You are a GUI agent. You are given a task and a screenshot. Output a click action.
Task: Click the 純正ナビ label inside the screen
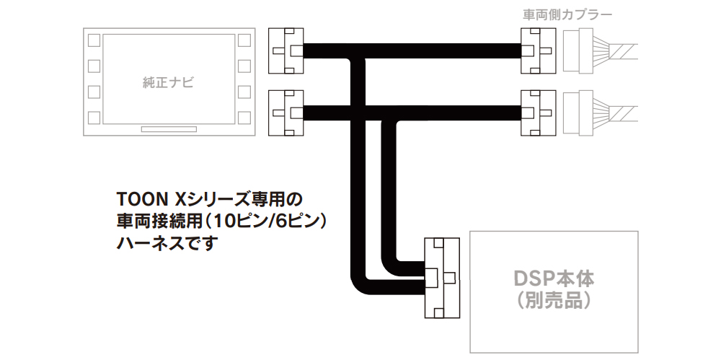tap(168, 83)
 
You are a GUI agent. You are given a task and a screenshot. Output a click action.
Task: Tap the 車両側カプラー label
tap(567, 14)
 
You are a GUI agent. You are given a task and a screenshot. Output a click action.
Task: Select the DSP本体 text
tap(554, 279)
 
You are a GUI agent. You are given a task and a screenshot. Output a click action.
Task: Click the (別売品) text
tap(554, 301)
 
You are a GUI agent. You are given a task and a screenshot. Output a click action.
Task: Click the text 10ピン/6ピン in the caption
tap(267, 222)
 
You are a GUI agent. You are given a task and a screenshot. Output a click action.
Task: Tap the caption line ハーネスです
tap(167, 244)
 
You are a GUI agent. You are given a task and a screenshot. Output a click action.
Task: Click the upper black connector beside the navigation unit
tap(286, 51)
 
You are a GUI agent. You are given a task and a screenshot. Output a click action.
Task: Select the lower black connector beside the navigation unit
tap(286, 113)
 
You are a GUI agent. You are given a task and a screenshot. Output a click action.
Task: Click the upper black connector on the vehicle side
tap(538, 51)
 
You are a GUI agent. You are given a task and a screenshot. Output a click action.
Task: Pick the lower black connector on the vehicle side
tap(538, 113)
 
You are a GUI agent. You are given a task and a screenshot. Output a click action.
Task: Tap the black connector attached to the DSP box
tap(442, 278)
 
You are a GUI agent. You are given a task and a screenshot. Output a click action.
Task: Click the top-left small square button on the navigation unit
tap(94, 40)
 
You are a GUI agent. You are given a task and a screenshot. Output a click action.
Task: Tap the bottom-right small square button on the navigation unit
tap(244, 118)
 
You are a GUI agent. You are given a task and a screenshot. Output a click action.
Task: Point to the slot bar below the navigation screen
tap(169, 129)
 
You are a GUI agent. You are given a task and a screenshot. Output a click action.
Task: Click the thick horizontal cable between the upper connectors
tap(412, 51)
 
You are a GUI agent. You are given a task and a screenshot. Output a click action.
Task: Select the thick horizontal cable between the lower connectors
tap(412, 113)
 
